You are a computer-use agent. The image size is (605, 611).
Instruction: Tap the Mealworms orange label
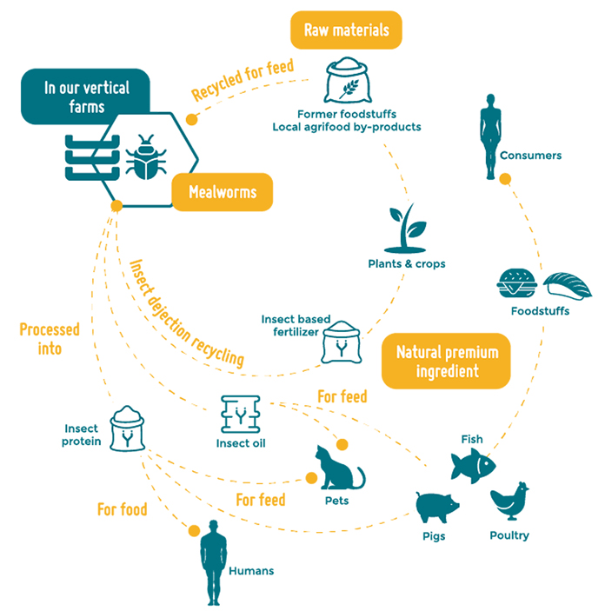click(x=223, y=192)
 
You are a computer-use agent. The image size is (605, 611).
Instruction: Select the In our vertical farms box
click(x=85, y=96)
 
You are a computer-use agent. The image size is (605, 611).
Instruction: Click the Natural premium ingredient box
click(x=446, y=361)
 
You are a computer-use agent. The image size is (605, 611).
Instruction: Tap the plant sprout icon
click(x=406, y=227)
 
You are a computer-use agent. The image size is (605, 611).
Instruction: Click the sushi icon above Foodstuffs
click(x=567, y=284)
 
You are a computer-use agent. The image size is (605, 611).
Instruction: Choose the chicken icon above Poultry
click(x=509, y=501)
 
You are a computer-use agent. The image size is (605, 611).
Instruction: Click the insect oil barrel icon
click(x=240, y=414)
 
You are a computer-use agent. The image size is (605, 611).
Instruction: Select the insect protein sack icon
click(x=129, y=428)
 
